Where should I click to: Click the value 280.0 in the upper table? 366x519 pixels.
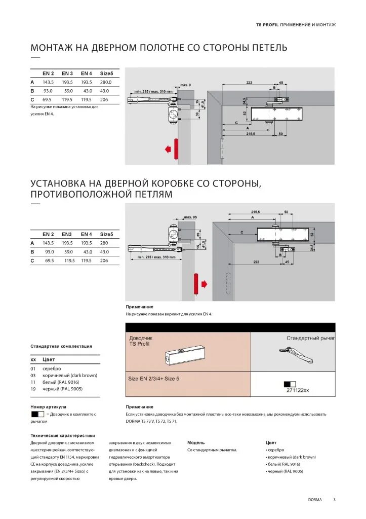(x=106, y=82)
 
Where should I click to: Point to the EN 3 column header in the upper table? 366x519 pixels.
(x=67, y=73)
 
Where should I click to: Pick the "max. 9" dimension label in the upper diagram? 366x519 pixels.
(x=185, y=85)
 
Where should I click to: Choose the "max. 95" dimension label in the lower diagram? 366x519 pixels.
(x=190, y=217)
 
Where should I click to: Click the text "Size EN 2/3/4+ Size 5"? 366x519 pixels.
(x=154, y=379)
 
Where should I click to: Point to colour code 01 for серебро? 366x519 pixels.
(x=33, y=368)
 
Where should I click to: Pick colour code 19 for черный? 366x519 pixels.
(x=33, y=389)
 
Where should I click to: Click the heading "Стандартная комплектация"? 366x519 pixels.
(x=61, y=346)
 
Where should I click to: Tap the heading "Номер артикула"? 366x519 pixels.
(x=49, y=406)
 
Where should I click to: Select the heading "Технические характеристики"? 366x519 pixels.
(x=63, y=435)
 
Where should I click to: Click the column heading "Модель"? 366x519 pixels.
(x=196, y=442)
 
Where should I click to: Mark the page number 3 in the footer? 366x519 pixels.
(x=334, y=500)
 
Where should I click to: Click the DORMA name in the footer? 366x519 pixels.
(x=315, y=500)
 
